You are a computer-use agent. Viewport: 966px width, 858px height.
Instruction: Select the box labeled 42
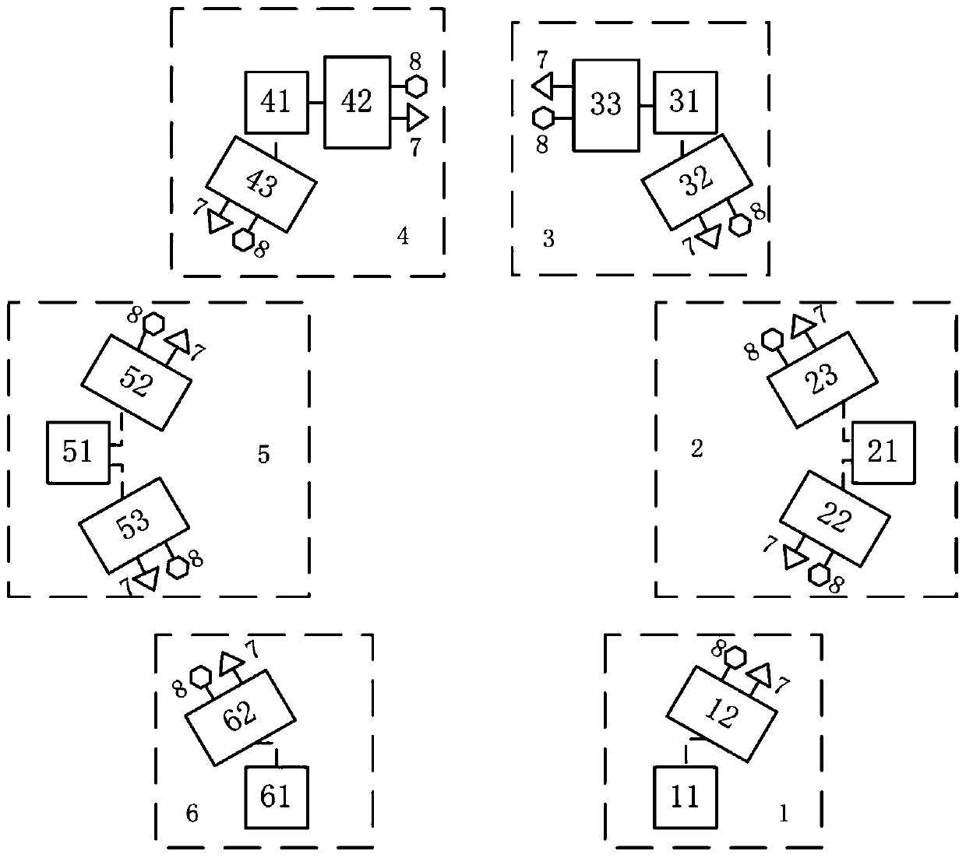(358, 102)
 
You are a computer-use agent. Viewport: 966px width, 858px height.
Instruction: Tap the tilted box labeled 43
(262, 185)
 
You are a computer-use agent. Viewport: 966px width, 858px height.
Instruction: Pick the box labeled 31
(685, 102)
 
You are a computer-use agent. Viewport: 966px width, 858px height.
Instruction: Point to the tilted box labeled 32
(696, 181)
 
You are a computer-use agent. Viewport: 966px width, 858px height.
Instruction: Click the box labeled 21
(883, 452)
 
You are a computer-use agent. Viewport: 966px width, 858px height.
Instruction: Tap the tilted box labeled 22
(834, 518)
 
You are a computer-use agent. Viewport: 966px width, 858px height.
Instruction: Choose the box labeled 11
(685, 797)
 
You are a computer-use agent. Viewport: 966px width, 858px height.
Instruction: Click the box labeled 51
(78, 452)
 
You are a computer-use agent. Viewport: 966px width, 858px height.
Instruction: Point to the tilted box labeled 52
(136, 382)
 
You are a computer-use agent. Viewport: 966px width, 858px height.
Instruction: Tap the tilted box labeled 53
(134, 524)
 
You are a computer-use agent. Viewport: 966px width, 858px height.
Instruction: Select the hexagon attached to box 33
(544, 118)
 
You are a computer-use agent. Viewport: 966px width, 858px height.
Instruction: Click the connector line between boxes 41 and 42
(316, 102)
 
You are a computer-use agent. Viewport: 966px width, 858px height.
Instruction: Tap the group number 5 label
(263, 454)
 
